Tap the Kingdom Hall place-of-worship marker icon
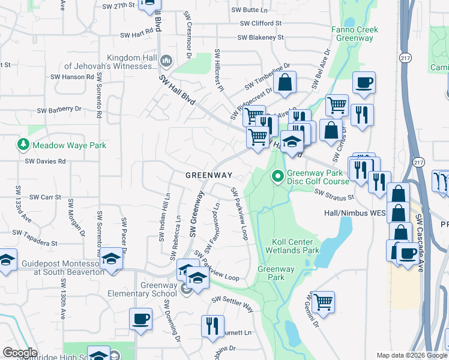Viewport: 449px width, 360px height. coord(166,61)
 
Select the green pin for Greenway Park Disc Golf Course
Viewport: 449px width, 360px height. coord(277,176)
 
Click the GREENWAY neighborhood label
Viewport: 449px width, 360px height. coord(208,175)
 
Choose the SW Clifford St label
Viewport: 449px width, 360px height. coord(261,23)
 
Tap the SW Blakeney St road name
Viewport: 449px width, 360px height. coord(260,37)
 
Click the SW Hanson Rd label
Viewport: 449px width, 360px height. coord(72,77)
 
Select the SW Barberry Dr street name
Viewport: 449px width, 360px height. coord(59,110)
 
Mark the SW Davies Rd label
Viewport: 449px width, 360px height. coord(45,161)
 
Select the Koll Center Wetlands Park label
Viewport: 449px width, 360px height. coord(295,246)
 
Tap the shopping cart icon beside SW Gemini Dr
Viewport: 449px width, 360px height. coord(323,302)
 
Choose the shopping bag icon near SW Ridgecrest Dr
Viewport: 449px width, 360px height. coord(286,83)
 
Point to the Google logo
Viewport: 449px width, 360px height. coord(20,353)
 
